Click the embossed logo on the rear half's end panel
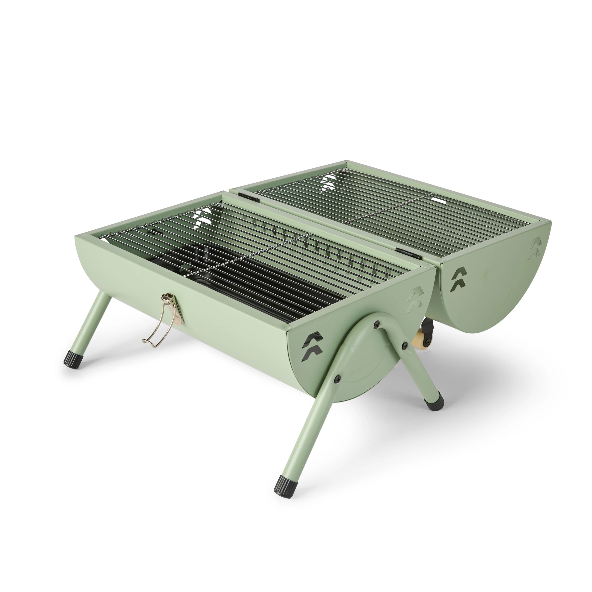click(535, 248)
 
